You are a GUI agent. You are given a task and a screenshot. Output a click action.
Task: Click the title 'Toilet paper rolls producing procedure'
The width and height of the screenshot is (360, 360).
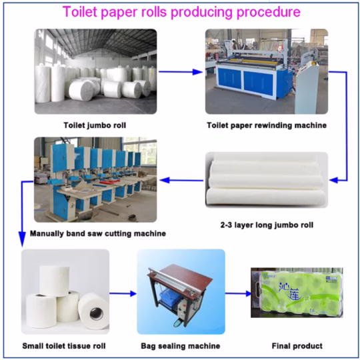(181, 12)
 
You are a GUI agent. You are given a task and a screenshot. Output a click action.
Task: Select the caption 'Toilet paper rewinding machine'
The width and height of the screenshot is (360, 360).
(267, 125)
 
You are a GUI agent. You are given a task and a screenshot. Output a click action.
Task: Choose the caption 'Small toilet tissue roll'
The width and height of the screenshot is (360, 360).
(65, 346)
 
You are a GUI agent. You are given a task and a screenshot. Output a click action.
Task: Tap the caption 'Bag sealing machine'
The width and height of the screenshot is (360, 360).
(180, 346)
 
